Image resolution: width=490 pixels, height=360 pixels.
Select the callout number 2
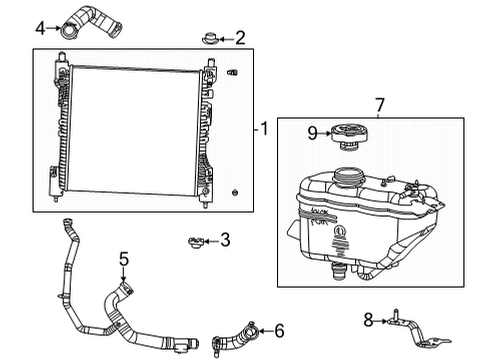pyautogui.click(x=240, y=39)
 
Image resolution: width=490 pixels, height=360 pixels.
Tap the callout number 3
pyautogui.click(x=225, y=240)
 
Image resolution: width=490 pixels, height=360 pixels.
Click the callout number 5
pyautogui.click(x=123, y=260)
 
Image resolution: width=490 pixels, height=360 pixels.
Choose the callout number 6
pyautogui.click(x=279, y=330)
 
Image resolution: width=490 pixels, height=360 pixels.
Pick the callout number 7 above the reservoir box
pyautogui.click(x=379, y=105)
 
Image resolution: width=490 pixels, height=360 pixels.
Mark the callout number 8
pyautogui.click(x=368, y=321)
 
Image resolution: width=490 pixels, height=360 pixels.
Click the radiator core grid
pyautogui.click(x=135, y=130)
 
